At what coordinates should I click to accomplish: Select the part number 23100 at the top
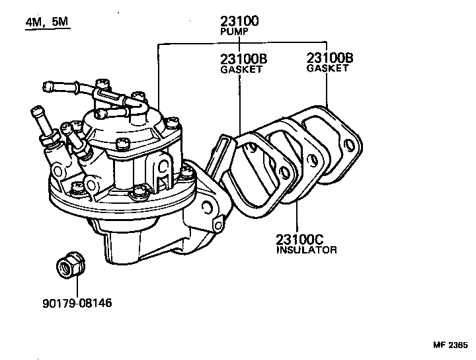coord(239,20)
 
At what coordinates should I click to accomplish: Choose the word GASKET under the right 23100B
coord(327,68)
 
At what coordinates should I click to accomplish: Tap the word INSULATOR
coord(307,250)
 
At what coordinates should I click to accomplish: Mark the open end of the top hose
coord(46,86)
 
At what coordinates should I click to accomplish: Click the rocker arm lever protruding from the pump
coord(221,156)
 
